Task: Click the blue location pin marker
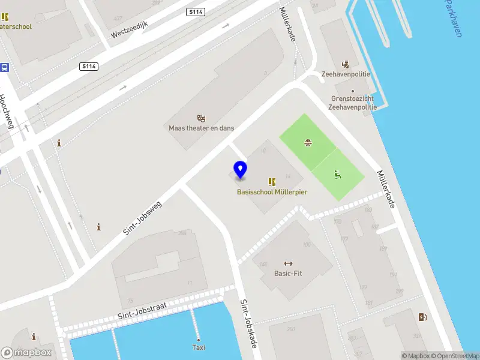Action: click(x=240, y=170)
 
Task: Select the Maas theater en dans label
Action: click(x=201, y=128)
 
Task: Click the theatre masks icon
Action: click(x=201, y=118)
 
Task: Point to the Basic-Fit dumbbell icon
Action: click(x=288, y=263)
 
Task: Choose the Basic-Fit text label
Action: click(x=288, y=274)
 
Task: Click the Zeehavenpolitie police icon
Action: click(x=345, y=64)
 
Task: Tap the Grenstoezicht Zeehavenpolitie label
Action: click(x=352, y=103)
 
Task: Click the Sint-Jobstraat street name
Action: click(x=141, y=310)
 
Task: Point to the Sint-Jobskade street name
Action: click(x=248, y=323)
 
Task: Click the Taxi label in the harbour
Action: click(x=199, y=347)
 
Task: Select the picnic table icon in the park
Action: click(x=308, y=142)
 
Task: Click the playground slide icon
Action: click(x=338, y=175)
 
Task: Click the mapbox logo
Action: click(x=26, y=353)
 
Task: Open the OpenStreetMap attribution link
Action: click(x=455, y=356)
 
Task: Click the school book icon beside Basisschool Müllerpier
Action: click(x=271, y=181)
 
